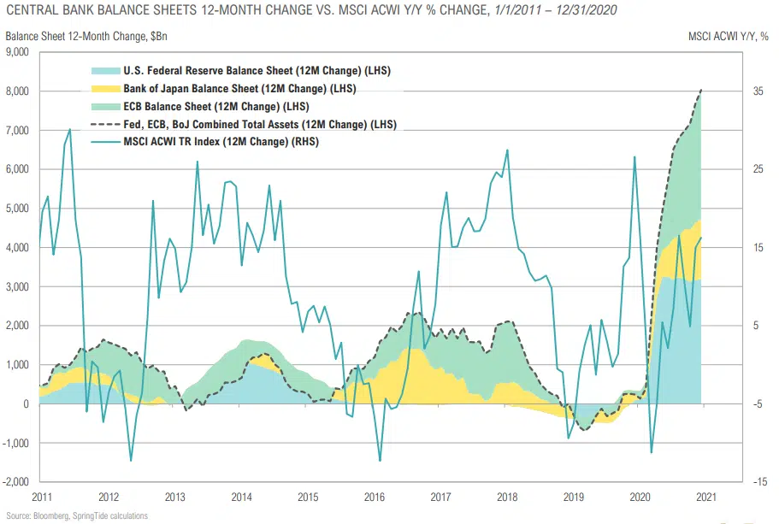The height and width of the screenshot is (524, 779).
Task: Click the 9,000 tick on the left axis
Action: (19, 52)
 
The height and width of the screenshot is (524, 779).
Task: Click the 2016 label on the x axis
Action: (374, 497)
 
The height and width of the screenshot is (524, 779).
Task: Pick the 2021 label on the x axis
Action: (706, 497)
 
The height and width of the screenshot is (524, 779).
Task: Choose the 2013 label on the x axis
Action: (174, 497)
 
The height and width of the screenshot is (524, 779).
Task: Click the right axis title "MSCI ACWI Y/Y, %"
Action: (729, 36)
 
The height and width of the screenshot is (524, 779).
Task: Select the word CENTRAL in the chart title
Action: (30, 11)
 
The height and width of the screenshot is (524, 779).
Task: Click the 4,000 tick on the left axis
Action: (19, 248)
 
